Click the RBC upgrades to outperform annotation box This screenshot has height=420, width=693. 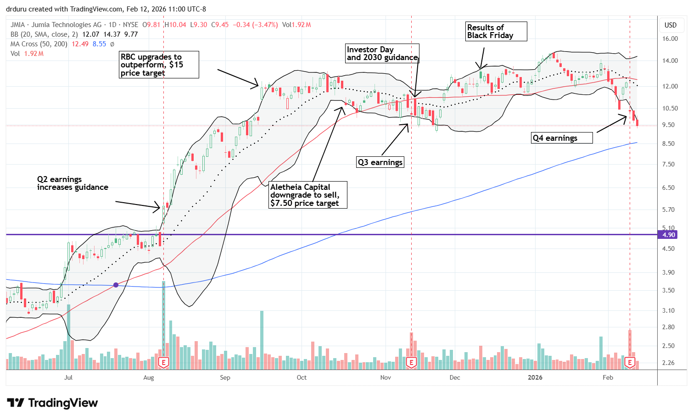pos(159,65)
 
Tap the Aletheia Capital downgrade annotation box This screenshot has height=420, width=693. pos(307,195)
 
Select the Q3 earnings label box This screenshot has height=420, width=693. pos(380,162)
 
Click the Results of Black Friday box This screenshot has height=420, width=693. pos(495,32)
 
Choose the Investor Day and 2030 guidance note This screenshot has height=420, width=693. pos(382,53)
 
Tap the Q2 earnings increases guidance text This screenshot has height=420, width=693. pos(73,183)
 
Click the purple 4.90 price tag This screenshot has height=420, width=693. pos(669,235)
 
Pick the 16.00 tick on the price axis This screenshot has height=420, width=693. pos(671,39)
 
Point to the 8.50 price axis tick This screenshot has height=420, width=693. pos(671,144)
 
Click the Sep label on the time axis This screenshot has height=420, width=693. pos(225,378)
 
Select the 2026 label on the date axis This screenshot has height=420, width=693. pos(535,378)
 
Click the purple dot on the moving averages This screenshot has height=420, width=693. pos(116,285)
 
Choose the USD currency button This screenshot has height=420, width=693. pos(671,25)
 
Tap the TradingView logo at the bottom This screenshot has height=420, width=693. pos(53,403)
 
